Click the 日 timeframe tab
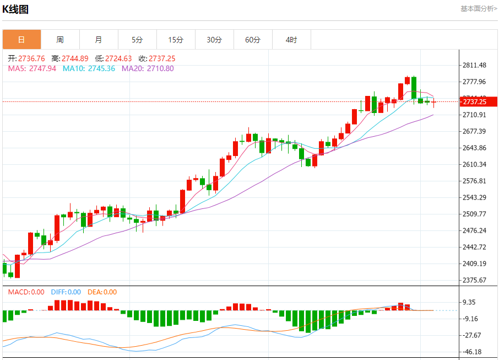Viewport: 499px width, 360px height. click(x=21, y=40)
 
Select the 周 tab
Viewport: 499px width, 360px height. click(x=60, y=40)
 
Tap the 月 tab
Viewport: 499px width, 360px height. click(x=99, y=40)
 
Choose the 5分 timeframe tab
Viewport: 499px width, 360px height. click(x=137, y=40)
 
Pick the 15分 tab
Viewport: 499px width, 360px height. click(x=176, y=40)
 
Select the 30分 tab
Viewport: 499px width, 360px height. click(x=214, y=40)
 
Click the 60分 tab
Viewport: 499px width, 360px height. click(x=253, y=40)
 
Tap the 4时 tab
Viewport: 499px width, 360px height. click(x=291, y=40)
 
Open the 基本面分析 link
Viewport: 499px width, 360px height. click(x=479, y=9)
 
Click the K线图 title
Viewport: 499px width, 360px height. click(x=16, y=9)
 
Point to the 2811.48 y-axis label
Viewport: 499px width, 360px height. click(x=474, y=66)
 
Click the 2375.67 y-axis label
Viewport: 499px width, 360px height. click(x=474, y=280)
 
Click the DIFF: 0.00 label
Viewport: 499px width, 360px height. click(x=66, y=292)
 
